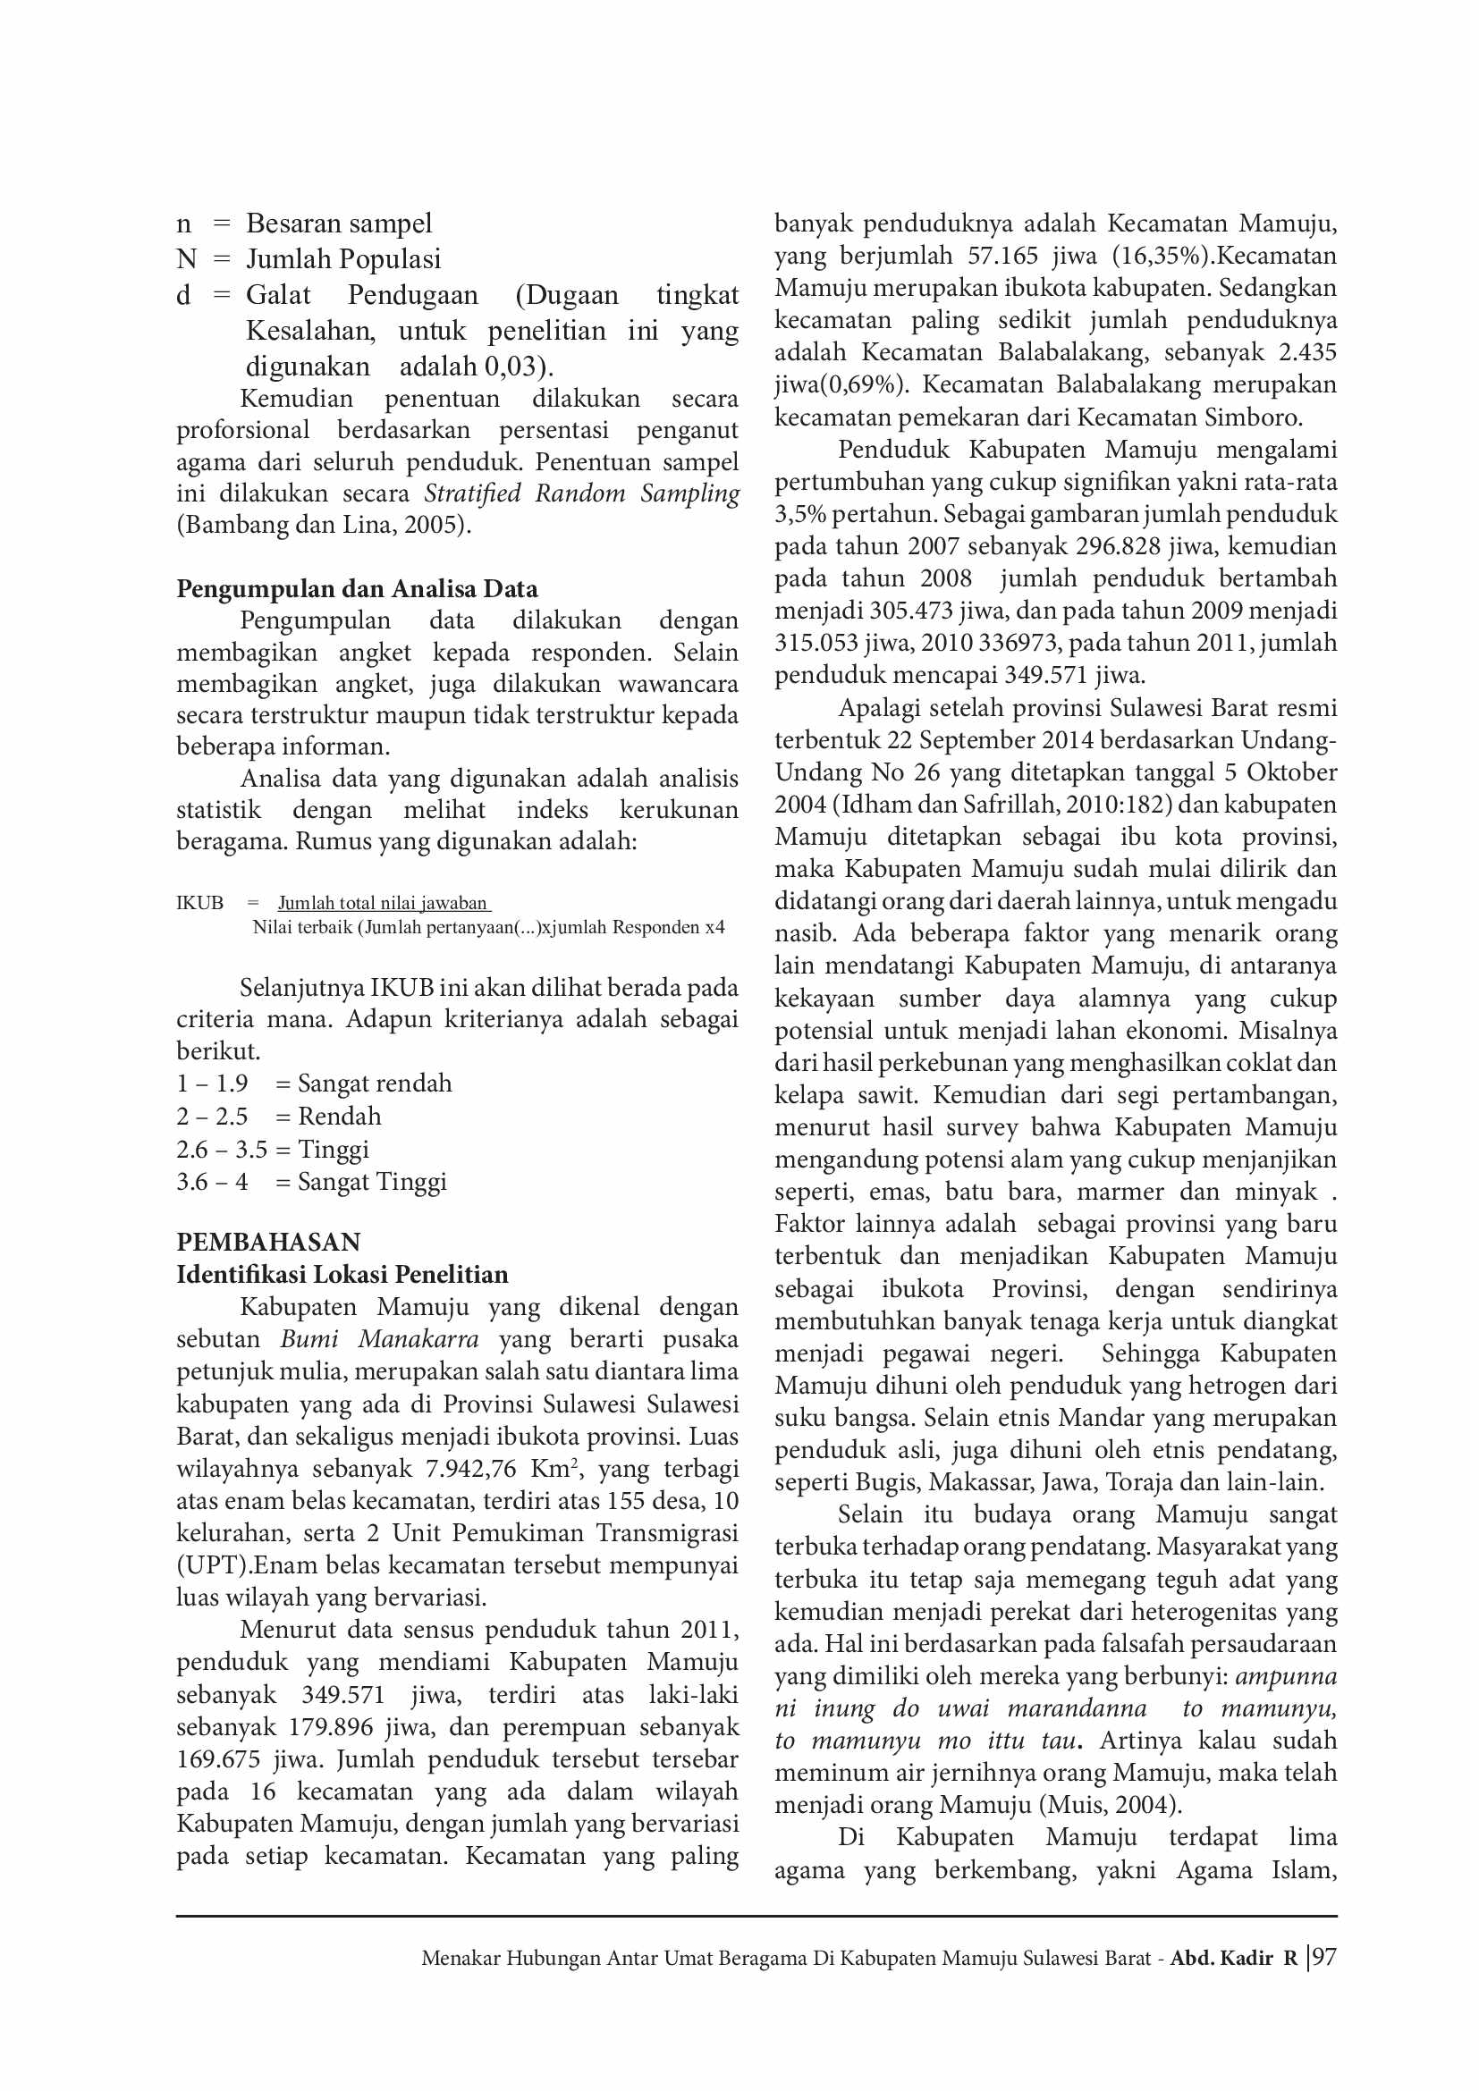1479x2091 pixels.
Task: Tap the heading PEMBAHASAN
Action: (268, 1243)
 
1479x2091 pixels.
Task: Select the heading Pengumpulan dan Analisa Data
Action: (357, 588)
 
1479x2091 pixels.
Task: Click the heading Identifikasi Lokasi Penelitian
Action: (342, 1274)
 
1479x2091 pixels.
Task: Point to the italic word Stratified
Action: (472, 493)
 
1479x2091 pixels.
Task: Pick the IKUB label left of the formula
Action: (200, 903)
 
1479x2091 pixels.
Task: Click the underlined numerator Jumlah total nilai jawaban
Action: (383, 903)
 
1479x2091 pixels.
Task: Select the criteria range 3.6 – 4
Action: (212, 1182)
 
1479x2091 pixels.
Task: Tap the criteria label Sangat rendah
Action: (375, 1083)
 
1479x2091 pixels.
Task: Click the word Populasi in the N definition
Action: (391, 259)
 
